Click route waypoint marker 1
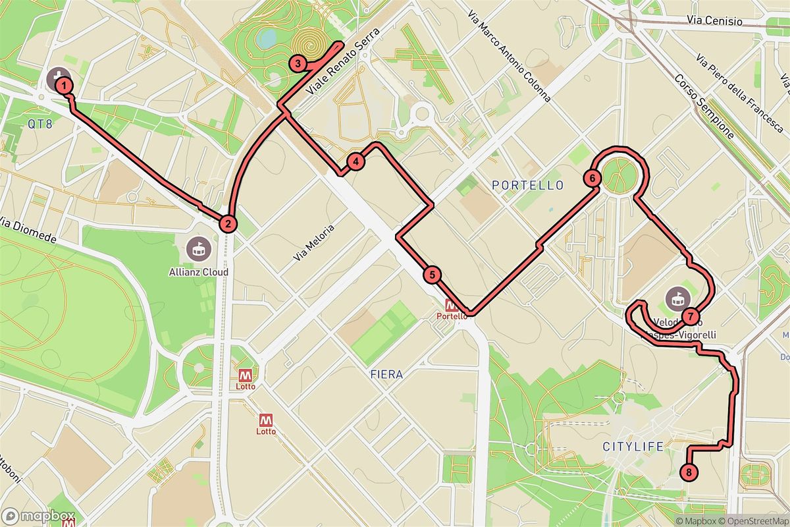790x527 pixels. (x=63, y=84)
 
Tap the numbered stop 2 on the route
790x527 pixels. (x=228, y=223)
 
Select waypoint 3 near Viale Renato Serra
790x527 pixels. (x=298, y=64)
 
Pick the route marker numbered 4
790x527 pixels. (x=355, y=161)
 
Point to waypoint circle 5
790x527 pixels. (x=431, y=275)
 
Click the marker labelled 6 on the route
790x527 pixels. (x=592, y=178)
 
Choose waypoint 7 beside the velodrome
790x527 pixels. (x=689, y=316)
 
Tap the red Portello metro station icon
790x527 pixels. (x=452, y=306)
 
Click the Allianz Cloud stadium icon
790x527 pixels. (x=197, y=249)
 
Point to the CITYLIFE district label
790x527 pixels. (x=633, y=447)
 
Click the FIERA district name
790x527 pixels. (x=386, y=374)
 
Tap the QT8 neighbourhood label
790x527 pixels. (x=39, y=123)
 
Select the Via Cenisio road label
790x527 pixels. (x=714, y=22)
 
